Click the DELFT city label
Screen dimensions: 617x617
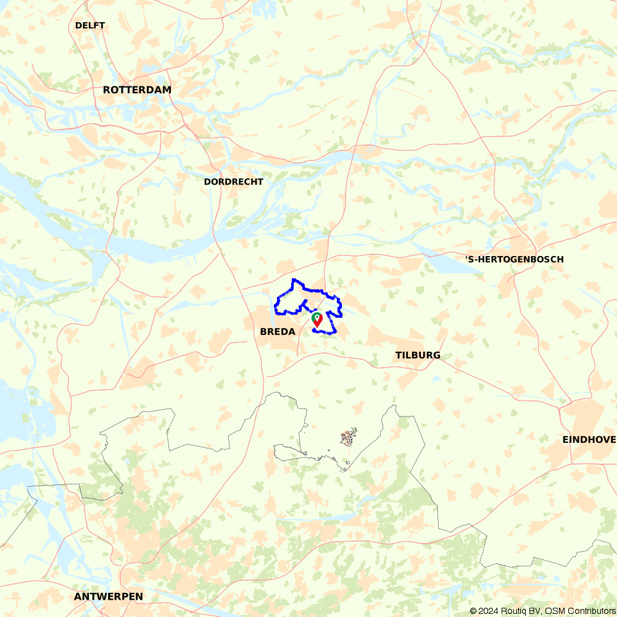(90, 25)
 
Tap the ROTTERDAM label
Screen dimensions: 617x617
(137, 89)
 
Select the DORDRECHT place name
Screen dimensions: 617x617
(233, 181)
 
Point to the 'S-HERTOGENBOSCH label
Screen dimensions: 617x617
(514, 259)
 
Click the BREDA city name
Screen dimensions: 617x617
(277, 331)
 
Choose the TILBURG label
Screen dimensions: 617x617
(418, 355)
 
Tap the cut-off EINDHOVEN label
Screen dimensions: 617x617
(589, 439)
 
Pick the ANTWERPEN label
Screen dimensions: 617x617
(108, 597)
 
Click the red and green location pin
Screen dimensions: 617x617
(317, 319)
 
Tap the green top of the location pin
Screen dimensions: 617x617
(317, 316)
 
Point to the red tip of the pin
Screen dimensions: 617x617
(317, 325)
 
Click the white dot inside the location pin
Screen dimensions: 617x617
(317, 317)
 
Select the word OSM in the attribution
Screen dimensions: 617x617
(550, 611)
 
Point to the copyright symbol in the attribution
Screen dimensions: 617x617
(473, 611)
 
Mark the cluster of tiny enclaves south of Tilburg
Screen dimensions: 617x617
(348, 438)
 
